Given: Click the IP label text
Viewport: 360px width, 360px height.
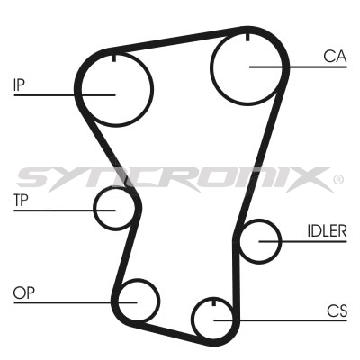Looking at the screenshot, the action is (x=19, y=85).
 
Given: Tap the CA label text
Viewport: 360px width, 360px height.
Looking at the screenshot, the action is (x=335, y=57).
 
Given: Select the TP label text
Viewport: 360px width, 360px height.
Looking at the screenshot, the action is (x=21, y=201).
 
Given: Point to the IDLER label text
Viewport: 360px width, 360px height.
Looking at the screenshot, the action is (x=327, y=231).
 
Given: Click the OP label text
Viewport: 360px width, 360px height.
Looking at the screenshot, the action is (x=23, y=292).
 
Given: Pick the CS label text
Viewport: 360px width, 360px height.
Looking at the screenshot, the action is (x=337, y=311).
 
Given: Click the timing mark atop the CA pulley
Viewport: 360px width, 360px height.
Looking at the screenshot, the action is (x=247, y=37).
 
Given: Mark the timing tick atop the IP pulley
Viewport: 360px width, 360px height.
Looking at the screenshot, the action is (x=114, y=58).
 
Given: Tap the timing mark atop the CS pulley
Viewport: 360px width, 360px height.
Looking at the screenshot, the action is (x=214, y=302).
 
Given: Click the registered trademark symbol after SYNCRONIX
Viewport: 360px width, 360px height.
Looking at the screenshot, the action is (x=338, y=180).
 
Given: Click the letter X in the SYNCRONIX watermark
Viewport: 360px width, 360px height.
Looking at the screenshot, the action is (x=312, y=180).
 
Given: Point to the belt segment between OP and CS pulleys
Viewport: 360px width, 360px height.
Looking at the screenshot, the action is (x=171, y=331).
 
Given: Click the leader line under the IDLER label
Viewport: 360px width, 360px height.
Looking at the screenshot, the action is (x=303, y=241).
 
